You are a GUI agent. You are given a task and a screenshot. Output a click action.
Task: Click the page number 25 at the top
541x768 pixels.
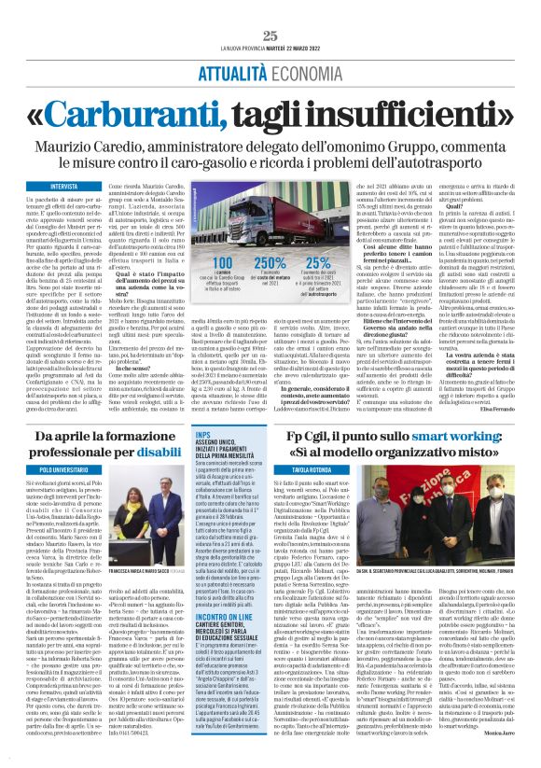pos(270,35)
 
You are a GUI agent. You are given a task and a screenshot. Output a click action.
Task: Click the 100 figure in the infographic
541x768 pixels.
pos(225,262)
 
